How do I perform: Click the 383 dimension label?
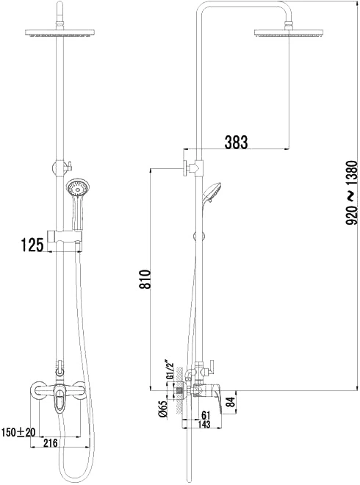(236, 142)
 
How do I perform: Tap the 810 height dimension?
(145, 279)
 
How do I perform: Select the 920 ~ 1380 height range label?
(352, 193)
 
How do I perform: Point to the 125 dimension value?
(32, 245)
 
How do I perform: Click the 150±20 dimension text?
(18, 432)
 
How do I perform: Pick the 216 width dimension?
(50, 443)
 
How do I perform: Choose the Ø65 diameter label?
(163, 409)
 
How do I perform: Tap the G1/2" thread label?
(170, 370)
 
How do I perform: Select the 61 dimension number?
(206, 414)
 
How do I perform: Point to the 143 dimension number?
(204, 424)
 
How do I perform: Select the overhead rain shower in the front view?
(60, 32)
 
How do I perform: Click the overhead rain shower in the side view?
(289, 33)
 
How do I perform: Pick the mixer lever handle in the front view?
(59, 398)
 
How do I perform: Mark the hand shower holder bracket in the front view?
(65, 236)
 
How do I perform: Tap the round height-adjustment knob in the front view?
(60, 168)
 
